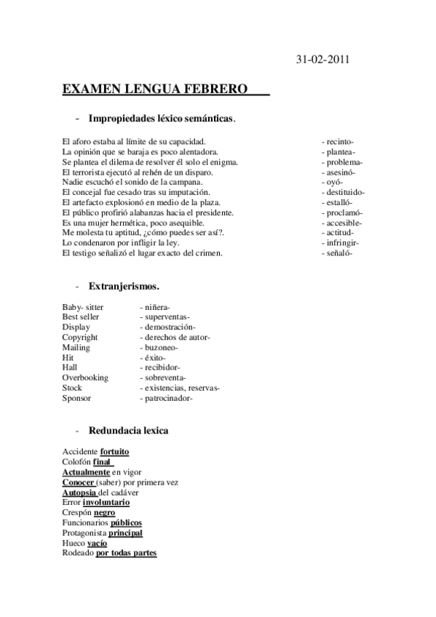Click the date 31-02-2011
coord(323,60)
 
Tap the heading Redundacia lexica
coord(128,431)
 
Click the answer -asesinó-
coord(340,172)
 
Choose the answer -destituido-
coord(343,192)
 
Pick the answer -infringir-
coord(341,242)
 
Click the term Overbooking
coord(85,378)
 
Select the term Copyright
coord(80,338)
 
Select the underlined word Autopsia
coord(79,493)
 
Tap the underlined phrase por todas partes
coord(126,553)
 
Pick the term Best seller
coord(81,317)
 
